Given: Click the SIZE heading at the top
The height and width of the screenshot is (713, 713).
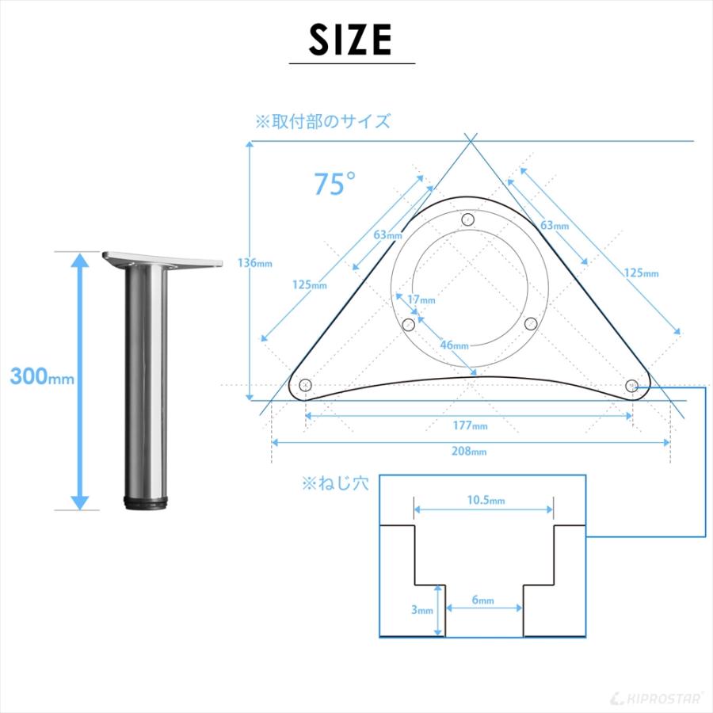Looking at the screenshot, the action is [351, 40].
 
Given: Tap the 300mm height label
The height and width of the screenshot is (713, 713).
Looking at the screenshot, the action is [42, 376].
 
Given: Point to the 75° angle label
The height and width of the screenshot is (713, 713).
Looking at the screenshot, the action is [334, 183].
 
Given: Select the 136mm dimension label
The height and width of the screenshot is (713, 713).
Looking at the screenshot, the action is [254, 263].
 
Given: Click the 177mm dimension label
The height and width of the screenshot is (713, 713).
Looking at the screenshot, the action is [470, 425].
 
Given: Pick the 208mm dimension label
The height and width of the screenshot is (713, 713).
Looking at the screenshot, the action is [469, 451].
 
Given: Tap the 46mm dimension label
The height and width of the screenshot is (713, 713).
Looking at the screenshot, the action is [454, 345].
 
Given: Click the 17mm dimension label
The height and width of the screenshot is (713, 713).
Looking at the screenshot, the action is [421, 299].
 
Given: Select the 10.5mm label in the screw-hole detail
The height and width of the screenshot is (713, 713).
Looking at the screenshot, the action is [486, 500].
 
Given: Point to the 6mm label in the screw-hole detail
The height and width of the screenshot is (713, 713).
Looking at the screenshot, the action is [482, 600].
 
